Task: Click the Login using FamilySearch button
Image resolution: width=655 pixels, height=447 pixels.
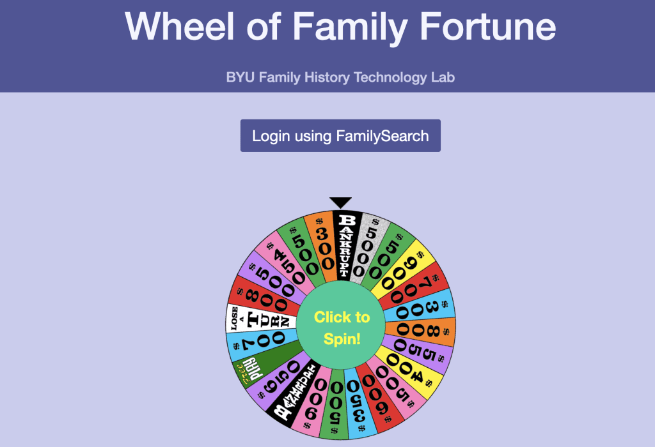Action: [340, 135]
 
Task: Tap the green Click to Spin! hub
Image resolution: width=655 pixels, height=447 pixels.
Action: [342, 327]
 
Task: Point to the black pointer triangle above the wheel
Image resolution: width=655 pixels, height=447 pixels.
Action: [341, 202]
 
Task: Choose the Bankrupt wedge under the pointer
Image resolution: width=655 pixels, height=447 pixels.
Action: [346, 245]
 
